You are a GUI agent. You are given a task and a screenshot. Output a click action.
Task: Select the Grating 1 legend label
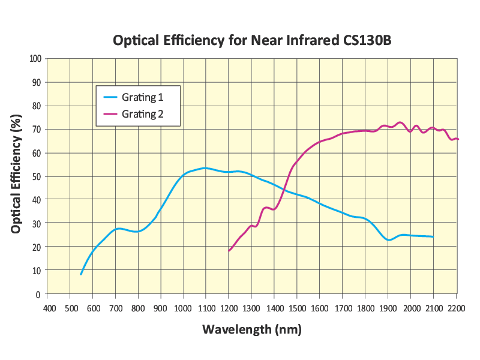tap(143, 97)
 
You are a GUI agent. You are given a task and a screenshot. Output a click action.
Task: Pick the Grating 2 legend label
tap(143, 113)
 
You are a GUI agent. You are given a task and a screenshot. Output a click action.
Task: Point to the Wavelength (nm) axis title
tap(251, 329)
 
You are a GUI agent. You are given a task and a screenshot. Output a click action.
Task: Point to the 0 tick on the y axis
tap(38, 294)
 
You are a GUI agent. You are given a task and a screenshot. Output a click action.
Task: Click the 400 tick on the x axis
tap(49, 308)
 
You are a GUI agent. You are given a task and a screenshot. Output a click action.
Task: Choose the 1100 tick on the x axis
tap(206, 308)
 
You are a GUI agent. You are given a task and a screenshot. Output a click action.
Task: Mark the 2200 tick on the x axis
tap(456, 308)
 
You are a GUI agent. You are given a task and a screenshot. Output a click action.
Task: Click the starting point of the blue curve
tap(81, 274)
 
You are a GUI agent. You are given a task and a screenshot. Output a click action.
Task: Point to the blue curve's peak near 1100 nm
tap(205, 168)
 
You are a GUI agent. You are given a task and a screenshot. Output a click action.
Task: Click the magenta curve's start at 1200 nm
tap(229, 251)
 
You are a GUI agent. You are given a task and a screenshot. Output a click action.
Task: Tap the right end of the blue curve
tap(433, 237)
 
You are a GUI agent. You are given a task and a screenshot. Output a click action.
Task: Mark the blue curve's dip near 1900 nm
tap(389, 240)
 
